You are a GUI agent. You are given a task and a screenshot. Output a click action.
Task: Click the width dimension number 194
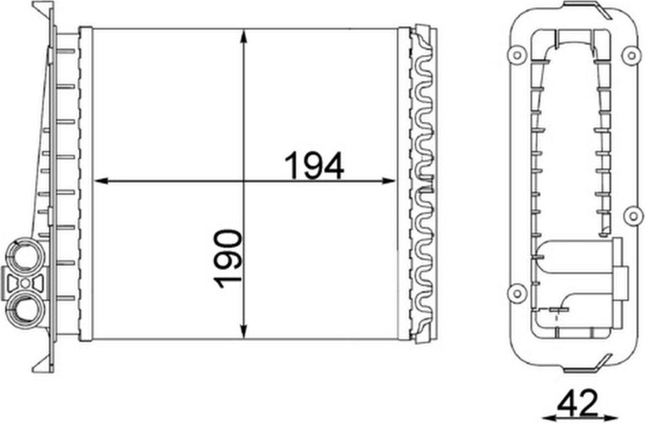coord(314,165)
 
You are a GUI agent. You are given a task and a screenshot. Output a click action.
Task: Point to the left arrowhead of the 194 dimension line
coord(101,181)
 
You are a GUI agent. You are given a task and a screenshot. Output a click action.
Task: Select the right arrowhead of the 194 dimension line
coord(389,181)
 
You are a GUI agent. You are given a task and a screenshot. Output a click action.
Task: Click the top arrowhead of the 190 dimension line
coord(244,36)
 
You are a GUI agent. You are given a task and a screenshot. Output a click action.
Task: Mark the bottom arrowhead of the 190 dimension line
coord(244,331)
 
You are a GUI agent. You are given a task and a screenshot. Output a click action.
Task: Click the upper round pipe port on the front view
coord(26,255)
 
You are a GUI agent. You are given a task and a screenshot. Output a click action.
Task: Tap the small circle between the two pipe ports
coord(26,283)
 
